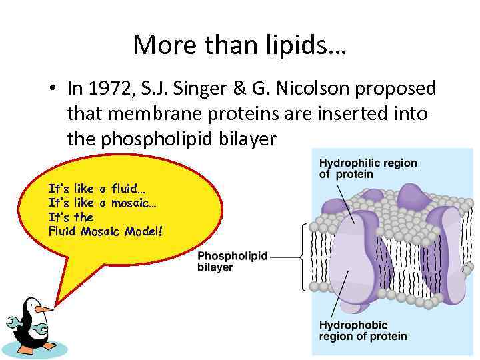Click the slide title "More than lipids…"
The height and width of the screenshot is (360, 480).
coord(239,45)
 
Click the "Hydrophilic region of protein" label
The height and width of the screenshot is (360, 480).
coord(367,169)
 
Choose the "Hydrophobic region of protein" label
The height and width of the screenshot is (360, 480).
coord(363,331)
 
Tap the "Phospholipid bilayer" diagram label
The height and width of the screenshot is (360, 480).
coord(232,261)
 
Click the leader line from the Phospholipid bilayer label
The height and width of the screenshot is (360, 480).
coord(287,256)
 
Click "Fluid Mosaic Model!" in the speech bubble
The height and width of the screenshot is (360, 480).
coord(105,232)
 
